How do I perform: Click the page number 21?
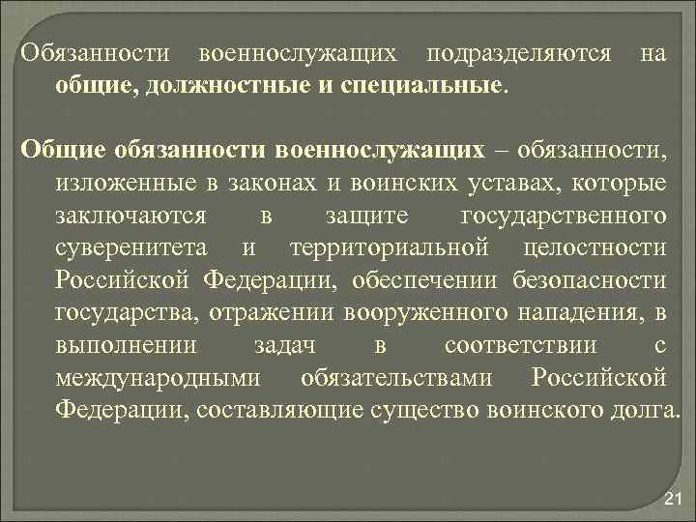674,499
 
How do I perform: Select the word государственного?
565,216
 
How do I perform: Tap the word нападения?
582,312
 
